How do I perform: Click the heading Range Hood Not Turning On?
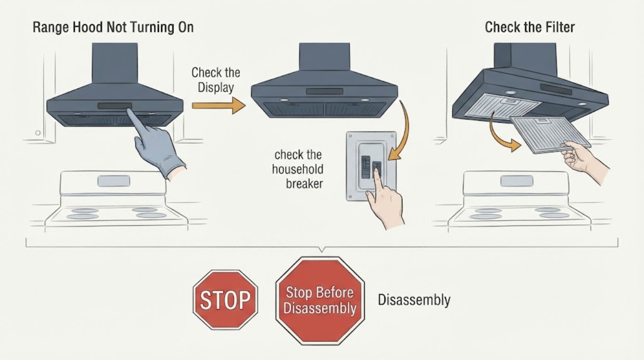tap(113, 28)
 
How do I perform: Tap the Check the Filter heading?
tap(530, 28)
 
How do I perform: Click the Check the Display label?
tap(216, 80)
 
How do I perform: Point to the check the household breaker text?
tap(298, 170)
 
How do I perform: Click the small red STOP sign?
tap(225, 300)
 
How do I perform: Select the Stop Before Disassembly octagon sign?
tap(319, 301)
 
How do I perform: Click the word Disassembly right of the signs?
tap(414, 300)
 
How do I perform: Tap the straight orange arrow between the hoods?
tap(218, 106)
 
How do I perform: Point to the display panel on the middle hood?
tap(325, 92)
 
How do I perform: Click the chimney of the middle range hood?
tap(325, 57)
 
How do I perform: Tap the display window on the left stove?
tap(114, 181)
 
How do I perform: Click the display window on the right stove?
tap(517, 181)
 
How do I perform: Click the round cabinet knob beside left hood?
tap(38, 132)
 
